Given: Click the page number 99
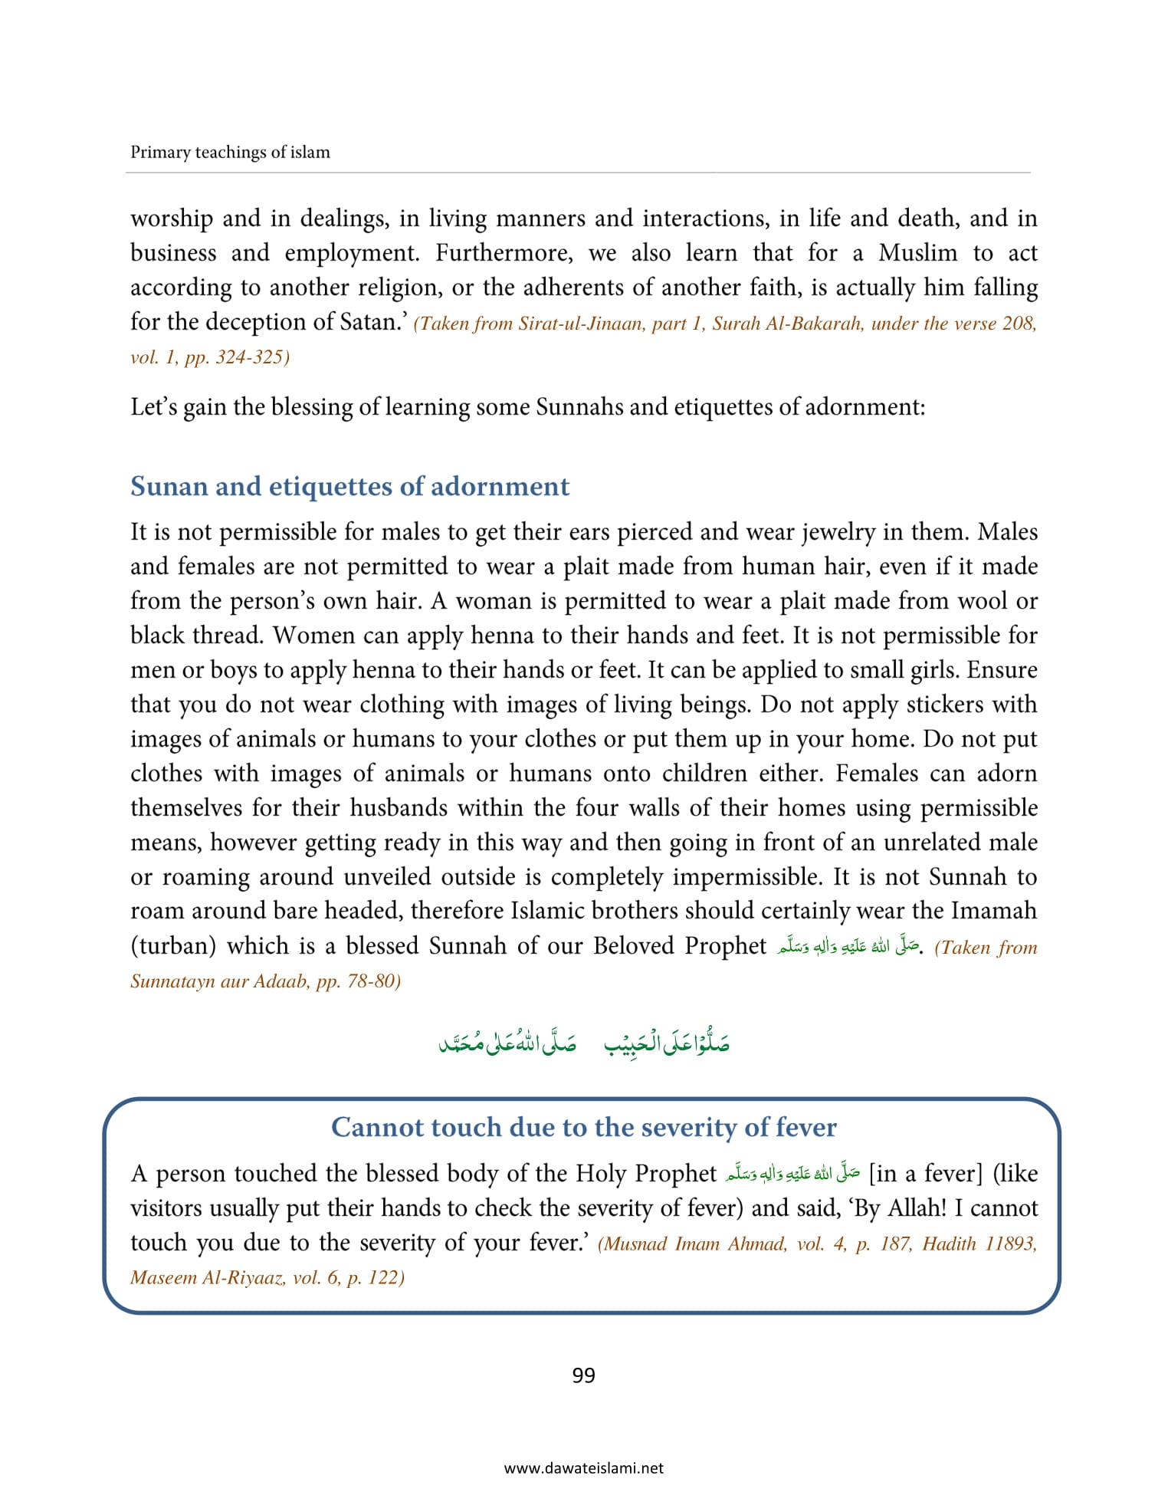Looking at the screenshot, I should point(583,1375).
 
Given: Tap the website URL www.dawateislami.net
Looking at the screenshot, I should point(583,1468).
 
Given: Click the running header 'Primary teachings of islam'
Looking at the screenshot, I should point(230,152).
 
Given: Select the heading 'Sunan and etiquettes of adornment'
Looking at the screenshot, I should point(349,486).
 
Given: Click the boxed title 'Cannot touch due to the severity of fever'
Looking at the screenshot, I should point(583,1127).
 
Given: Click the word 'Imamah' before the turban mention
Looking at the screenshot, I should point(993,911).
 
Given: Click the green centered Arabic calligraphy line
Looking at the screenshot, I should point(583,1043).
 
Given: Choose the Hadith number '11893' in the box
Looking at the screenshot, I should point(1010,1244).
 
